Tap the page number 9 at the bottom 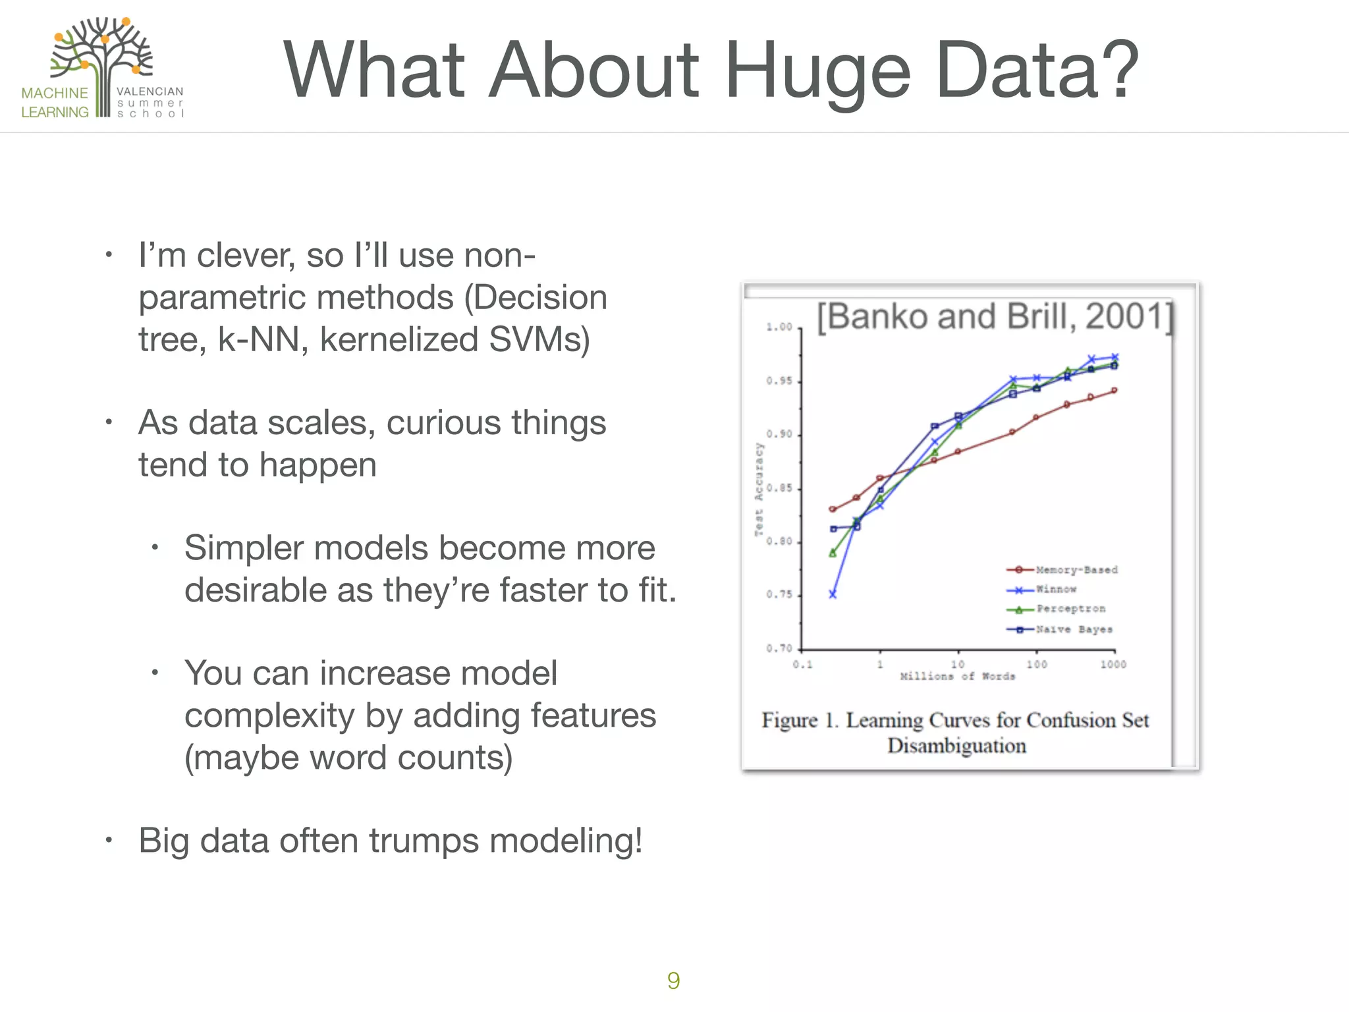[x=673, y=980]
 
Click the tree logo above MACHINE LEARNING [x=102, y=56]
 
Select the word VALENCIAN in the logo [x=150, y=92]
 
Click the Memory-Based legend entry [x=1076, y=570]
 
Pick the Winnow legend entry [x=1056, y=589]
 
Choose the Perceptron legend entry [x=1070, y=609]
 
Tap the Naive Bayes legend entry [x=1074, y=629]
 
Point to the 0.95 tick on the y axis [x=779, y=381]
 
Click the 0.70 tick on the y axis [x=779, y=648]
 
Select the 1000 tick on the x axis [x=1113, y=664]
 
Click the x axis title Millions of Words [x=957, y=677]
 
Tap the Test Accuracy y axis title [x=759, y=489]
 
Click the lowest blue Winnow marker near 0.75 [x=833, y=594]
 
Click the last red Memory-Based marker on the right [x=1115, y=391]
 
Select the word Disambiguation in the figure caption [x=956, y=746]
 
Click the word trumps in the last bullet [x=424, y=841]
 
